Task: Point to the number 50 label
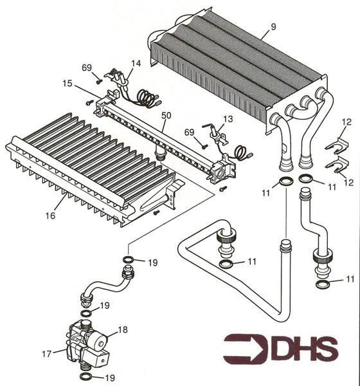click(166, 114)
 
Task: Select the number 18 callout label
click(122, 329)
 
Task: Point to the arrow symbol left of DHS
click(244, 348)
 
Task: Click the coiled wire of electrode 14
click(148, 100)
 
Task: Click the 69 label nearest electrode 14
click(87, 68)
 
